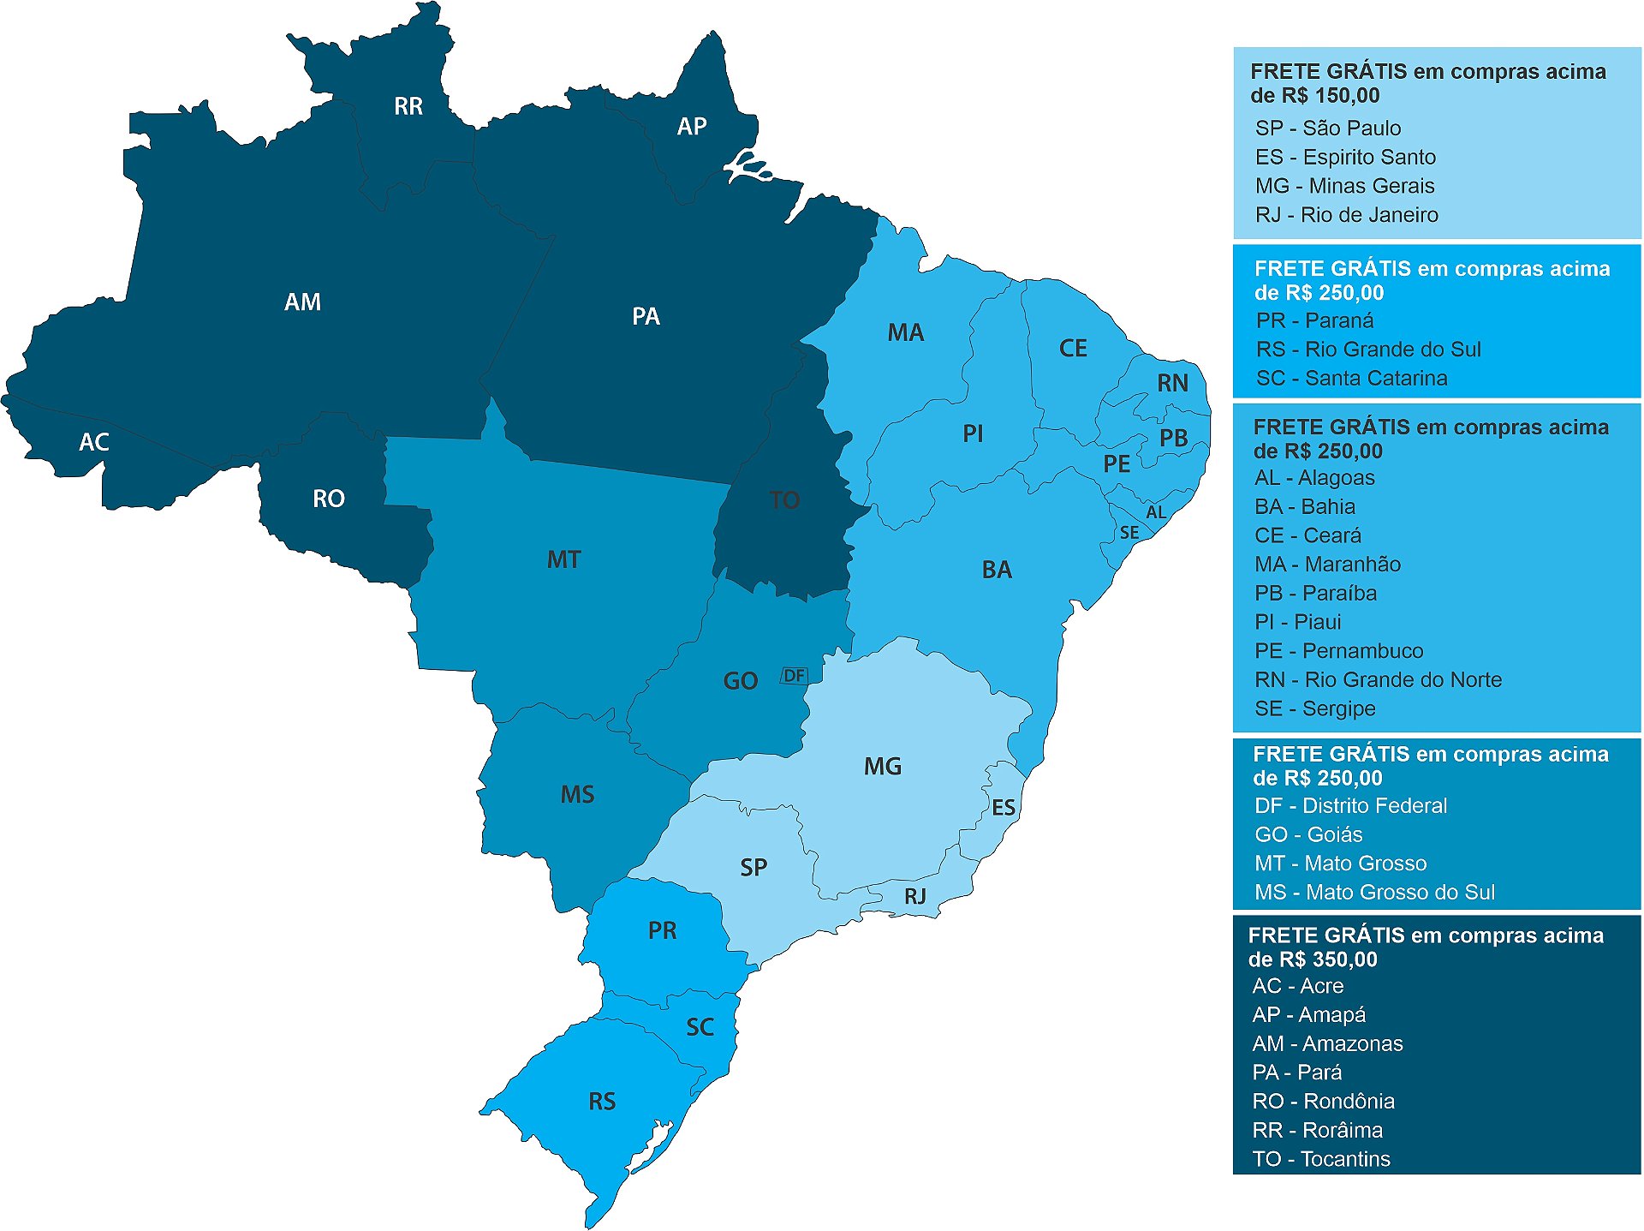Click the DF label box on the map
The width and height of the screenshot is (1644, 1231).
[794, 676]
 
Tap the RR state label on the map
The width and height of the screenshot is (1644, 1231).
[408, 106]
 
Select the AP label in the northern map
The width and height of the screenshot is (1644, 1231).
[692, 127]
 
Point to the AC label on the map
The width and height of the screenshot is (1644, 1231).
[94, 443]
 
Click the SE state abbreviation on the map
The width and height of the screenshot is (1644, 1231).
[1129, 533]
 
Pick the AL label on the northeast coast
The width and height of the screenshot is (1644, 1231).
[1156, 512]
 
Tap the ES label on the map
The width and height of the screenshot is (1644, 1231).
[1004, 808]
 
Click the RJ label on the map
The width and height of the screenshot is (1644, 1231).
[915, 897]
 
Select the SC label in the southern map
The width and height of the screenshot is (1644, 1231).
[700, 1027]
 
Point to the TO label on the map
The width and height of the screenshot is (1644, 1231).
[784, 500]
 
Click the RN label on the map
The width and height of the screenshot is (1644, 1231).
[1172, 383]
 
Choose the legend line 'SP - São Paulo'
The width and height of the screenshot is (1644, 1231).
[1328, 128]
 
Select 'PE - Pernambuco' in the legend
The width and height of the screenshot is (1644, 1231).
[1338, 651]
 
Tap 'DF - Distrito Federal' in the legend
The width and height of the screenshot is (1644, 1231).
[1350, 806]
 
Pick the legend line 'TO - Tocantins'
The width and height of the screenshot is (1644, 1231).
[1320, 1159]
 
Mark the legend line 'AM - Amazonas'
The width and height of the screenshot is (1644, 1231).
[1327, 1043]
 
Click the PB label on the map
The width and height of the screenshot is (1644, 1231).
[1173, 438]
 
